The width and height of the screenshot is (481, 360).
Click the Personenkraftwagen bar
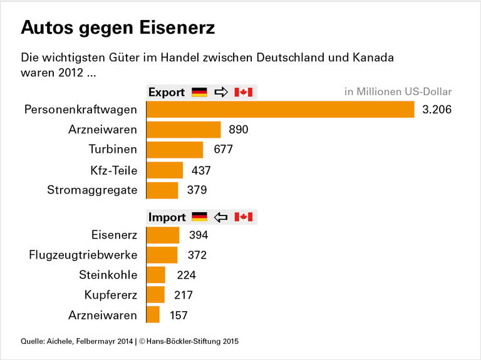(x=280, y=110)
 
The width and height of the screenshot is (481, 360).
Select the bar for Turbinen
(x=175, y=150)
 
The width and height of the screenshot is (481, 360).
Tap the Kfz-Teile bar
(x=165, y=170)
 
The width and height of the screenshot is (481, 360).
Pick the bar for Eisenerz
(x=163, y=235)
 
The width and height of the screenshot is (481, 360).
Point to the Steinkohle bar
(x=156, y=275)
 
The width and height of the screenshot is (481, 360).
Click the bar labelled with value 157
(x=153, y=315)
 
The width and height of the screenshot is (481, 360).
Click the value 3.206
(x=437, y=110)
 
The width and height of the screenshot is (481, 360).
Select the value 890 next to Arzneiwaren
(x=239, y=130)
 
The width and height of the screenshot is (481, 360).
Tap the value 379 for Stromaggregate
(x=197, y=190)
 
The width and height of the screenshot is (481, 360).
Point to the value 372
(x=197, y=255)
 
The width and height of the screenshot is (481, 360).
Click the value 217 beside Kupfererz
(x=183, y=295)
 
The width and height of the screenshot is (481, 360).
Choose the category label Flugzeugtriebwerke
(x=83, y=255)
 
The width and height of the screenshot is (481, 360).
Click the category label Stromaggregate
(x=92, y=190)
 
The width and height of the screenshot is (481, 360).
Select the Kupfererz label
(x=110, y=295)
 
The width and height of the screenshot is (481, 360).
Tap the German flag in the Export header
(x=199, y=92)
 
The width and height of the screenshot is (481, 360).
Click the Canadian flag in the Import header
(x=243, y=217)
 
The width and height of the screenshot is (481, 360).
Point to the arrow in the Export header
(x=221, y=92)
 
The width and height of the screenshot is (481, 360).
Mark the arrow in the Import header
(x=221, y=217)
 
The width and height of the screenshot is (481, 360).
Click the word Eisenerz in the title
(x=177, y=28)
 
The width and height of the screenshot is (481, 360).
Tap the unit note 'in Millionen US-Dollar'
(x=398, y=92)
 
